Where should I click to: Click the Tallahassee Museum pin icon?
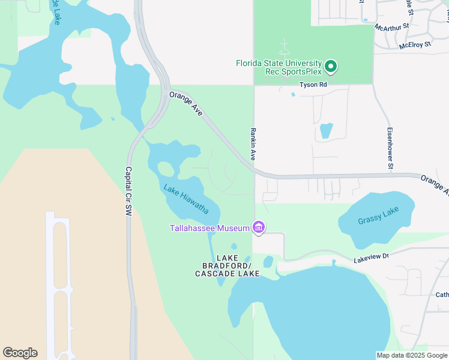pos(259,227)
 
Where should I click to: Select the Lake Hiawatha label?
pos(186,199)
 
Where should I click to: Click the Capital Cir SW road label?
pos(128,191)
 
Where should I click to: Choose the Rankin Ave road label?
pos(253,143)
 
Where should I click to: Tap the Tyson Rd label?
pos(313,85)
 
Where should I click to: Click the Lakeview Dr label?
pos(372,256)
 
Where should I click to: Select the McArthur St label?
pos(391,26)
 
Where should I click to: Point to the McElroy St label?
pos(412,44)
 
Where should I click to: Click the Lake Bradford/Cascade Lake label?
pos(228,265)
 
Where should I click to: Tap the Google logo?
pos(20,353)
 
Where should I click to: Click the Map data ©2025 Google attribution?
pos(412,355)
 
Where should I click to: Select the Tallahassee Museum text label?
pos(209,228)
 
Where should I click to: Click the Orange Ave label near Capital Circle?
pos(185,104)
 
